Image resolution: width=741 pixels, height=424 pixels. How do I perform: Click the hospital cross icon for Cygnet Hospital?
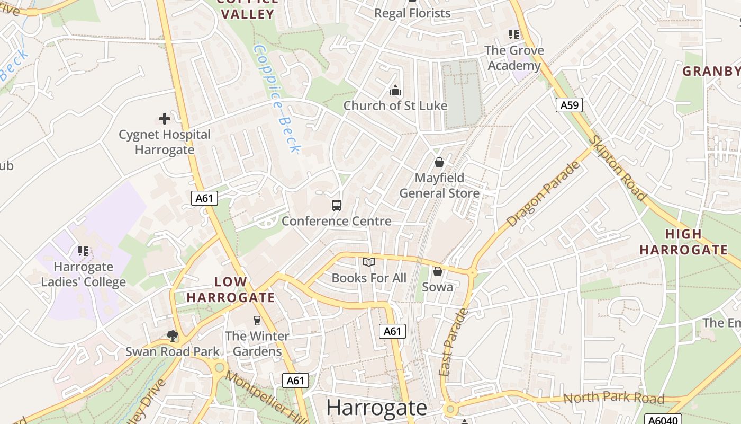pyautogui.click(x=165, y=118)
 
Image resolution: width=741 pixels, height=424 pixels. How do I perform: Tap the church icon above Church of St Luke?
pyautogui.click(x=395, y=90)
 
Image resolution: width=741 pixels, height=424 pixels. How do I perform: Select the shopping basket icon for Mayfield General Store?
pyautogui.click(x=439, y=162)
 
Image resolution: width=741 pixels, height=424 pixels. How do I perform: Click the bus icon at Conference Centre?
pyautogui.click(x=336, y=205)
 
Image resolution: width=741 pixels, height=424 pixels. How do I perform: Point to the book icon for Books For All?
pyautogui.click(x=369, y=262)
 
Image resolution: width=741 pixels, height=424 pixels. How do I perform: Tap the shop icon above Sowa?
pyautogui.click(x=437, y=271)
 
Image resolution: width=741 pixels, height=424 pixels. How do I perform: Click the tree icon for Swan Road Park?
pyautogui.click(x=172, y=335)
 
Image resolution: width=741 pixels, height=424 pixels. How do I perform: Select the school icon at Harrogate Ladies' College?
pyautogui.click(x=83, y=251)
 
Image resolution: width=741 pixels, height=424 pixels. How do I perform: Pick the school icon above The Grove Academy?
pyautogui.click(x=513, y=34)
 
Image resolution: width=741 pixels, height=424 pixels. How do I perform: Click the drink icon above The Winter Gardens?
pyautogui.click(x=257, y=320)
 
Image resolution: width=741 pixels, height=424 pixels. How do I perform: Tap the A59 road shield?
pyautogui.click(x=569, y=105)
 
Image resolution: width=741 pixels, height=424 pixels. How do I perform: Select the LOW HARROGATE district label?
pyautogui.click(x=231, y=289)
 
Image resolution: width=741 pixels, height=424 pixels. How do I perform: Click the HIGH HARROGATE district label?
pyautogui.click(x=683, y=242)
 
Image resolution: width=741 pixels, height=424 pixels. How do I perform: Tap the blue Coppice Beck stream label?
pyautogui.click(x=276, y=99)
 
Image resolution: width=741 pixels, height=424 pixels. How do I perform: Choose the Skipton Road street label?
pyautogui.click(x=619, y=169)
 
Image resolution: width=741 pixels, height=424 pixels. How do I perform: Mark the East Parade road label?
pyautogui.click(x=454, y=342)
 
